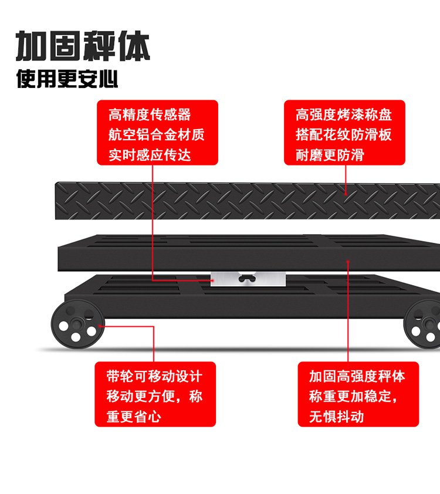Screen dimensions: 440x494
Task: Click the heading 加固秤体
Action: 83,47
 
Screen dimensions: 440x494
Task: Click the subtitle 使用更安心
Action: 67,79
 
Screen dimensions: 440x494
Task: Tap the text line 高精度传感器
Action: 150,114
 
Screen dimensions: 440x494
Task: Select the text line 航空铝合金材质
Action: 157,134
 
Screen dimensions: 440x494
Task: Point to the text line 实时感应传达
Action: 150,154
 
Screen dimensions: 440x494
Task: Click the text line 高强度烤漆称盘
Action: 344,114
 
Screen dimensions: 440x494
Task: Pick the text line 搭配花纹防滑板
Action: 344,134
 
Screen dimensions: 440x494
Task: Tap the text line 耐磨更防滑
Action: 330,154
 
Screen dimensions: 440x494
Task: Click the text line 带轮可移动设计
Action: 154,376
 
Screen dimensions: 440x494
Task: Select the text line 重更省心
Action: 134,417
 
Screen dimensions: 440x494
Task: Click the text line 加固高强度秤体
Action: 357,376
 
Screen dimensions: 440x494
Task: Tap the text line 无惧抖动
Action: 337,417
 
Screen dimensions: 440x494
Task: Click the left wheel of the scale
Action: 75,324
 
